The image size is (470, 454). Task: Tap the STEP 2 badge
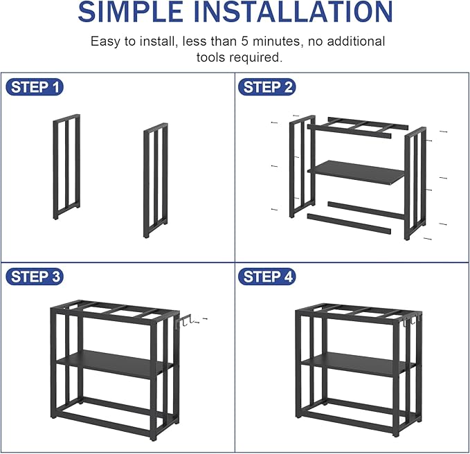(x=268, y=87)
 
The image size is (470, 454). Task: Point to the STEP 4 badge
(x=268, y=277)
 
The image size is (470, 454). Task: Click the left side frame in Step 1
(x=66, y=166)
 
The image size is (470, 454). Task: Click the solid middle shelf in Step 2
(x=356, y=172)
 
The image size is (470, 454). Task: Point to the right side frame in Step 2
(x=413, y=183)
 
